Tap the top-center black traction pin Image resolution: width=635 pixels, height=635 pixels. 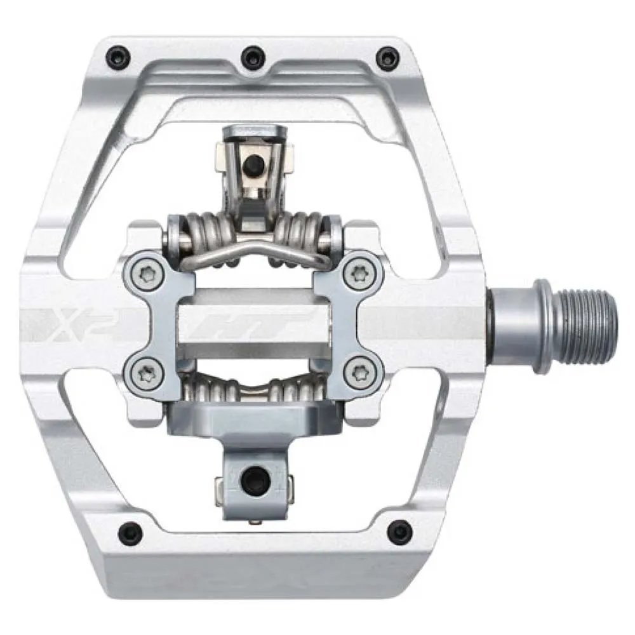tap(254, 55)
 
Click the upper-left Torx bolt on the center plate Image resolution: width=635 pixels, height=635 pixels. tap(145, 275)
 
